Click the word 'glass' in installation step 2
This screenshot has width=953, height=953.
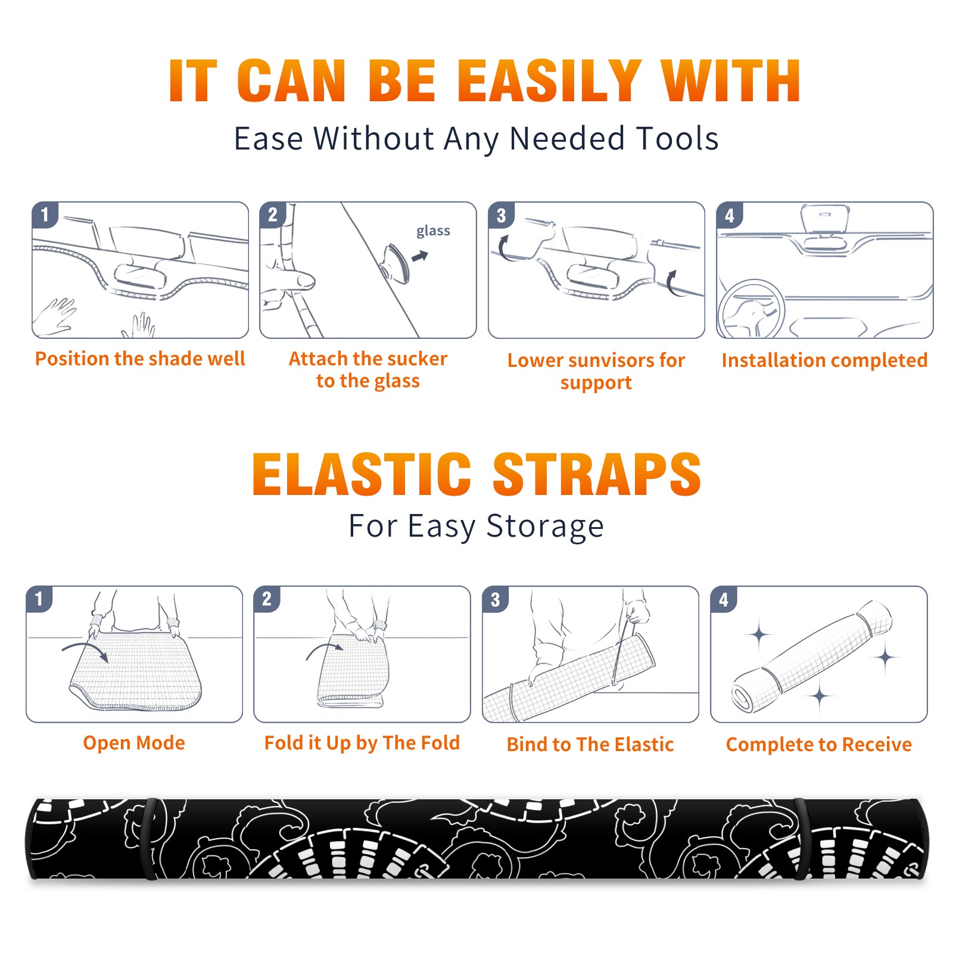pos(433,231)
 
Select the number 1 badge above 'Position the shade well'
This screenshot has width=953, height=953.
pos(45,214)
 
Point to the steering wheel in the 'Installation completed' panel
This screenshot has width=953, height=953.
pos(752,309)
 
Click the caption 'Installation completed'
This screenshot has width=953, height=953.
pos(824,360)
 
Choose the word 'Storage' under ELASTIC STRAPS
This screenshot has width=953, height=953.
pos(545,527)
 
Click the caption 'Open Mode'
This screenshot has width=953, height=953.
pos(134,743)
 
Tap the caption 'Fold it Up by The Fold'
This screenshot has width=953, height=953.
pos(362,743)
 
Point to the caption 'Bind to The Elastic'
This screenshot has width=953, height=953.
pos(590,744)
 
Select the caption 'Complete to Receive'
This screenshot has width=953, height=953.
pos(819,744)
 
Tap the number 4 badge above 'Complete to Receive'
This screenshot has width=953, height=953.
pos(724,599)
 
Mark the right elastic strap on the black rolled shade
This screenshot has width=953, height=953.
pos(802,839)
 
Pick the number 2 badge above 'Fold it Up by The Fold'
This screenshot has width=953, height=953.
pos(267,599)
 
